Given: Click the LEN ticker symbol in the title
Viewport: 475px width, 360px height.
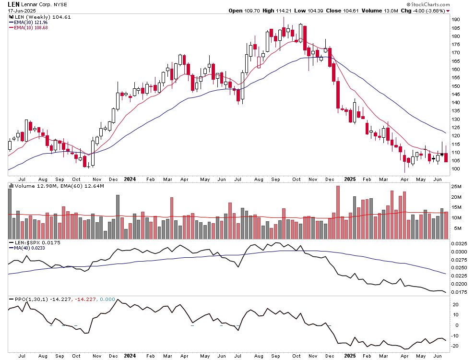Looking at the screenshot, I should (x=13, y=4).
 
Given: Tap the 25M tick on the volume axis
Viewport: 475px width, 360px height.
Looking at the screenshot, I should (x=456, y=187).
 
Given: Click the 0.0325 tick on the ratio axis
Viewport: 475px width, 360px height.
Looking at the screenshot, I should (x=459, y=244).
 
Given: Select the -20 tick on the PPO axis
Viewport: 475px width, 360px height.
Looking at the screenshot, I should (x=455, y=346).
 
